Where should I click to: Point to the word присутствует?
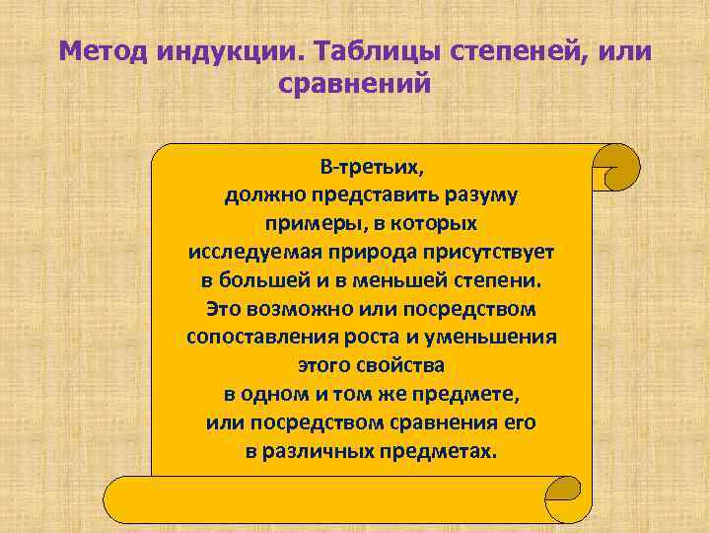tap(493, 252)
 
